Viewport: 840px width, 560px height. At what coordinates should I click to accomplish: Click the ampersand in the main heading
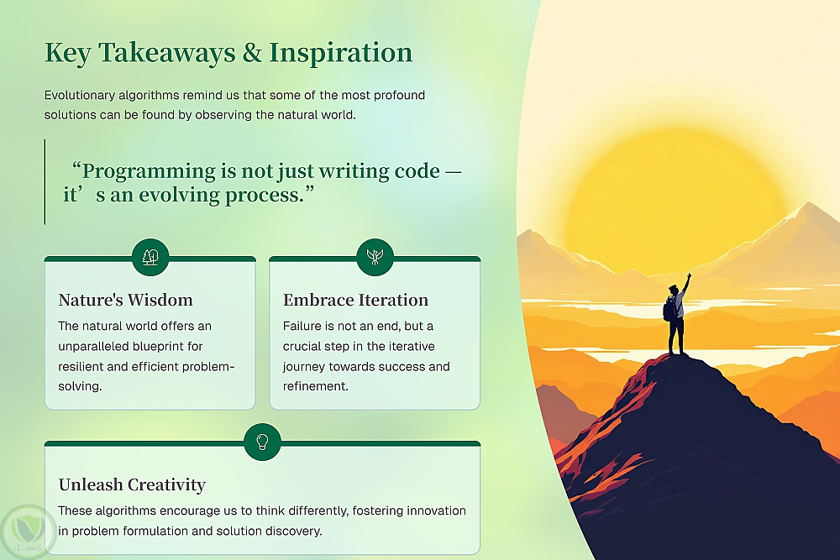click(x=252, y=52)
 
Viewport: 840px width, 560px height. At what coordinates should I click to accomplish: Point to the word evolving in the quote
click(x=179, y=196)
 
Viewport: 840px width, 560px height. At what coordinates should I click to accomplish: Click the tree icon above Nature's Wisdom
click(x=150, y=257)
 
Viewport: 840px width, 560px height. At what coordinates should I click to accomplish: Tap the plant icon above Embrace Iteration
click(x=375, y=257)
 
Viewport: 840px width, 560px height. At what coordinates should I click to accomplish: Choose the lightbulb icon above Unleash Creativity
click(x=262, y=442)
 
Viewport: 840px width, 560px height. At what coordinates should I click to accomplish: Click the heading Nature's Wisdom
click(x=125, y=300)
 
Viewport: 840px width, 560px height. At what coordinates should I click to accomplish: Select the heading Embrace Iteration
click(x=355, y=300)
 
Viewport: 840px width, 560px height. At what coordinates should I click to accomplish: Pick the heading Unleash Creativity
click(x=132, y=484)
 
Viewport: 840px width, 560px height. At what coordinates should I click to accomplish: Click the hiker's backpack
click(x=669, y=309)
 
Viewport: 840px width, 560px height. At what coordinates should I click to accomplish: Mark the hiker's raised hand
click(x=689, y=275)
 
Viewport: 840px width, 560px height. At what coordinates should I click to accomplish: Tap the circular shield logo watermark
click(x=28, y=532)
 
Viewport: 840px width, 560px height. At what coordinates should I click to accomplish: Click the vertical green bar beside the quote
click(x=45, y=182)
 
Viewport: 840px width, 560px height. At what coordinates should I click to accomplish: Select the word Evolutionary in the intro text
click(x=79, y=96)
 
